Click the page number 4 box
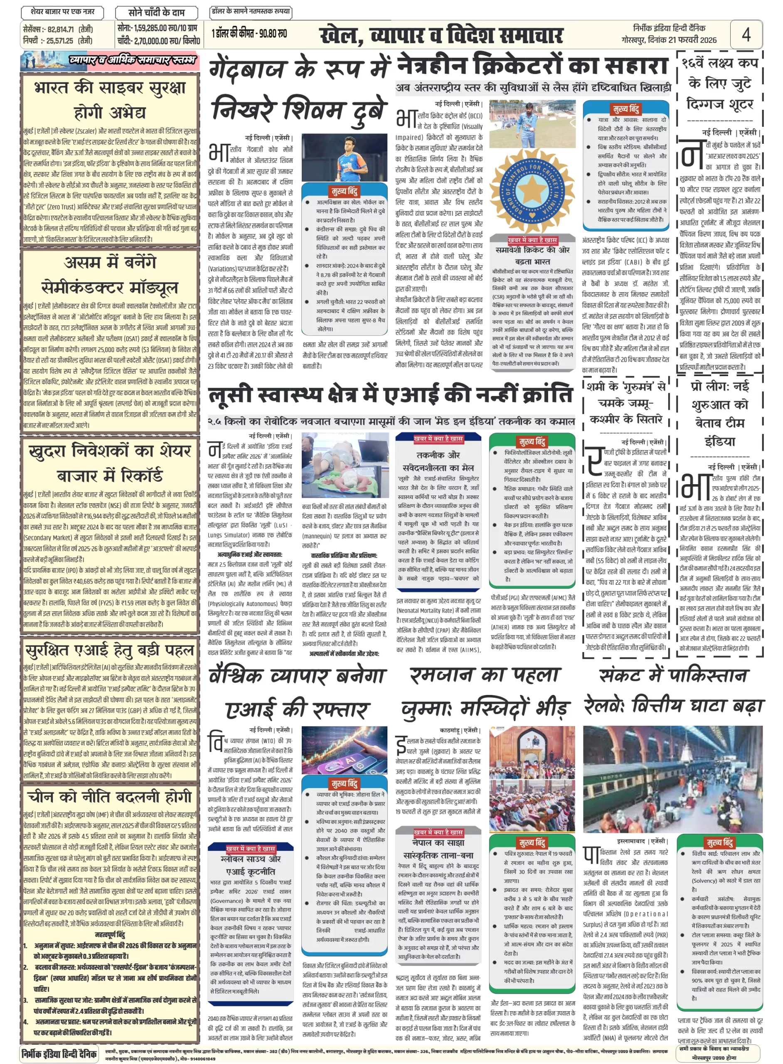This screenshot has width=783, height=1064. tap(746, 34)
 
